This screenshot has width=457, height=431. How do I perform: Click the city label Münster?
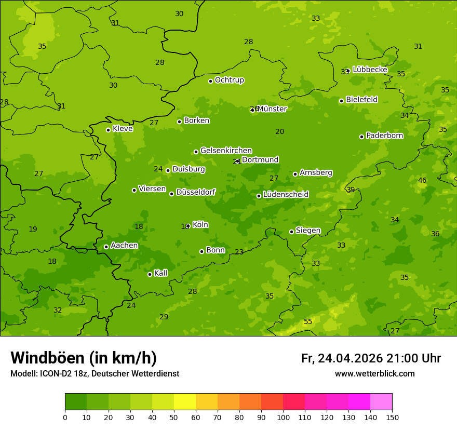(272, 109)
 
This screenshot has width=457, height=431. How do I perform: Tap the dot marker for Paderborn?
(361, 137)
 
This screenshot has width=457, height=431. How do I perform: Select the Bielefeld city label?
(361, 100)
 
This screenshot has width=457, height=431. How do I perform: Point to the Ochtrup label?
(229, 80)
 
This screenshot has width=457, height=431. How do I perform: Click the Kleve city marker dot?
(108, 130)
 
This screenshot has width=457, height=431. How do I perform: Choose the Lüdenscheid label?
(286, 195)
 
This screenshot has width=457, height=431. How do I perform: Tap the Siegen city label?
(308, 231)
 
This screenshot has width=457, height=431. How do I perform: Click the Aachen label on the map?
(124, 246)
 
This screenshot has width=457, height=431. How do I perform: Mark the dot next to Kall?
(150, 274)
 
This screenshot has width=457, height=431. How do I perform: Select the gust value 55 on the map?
(308, 322)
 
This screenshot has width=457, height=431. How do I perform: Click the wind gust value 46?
(422, 181)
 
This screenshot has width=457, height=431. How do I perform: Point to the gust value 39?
(351, 190)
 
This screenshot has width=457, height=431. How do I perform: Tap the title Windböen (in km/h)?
(84, 358)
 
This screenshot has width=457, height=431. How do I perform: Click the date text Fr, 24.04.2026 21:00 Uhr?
(371, 358)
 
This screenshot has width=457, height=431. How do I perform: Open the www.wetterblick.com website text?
(374, 374)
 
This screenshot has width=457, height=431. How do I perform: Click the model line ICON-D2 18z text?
(95, 374)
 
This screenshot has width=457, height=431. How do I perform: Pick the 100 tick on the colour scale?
(283, 417)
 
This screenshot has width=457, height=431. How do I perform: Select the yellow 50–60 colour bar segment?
(185, 402)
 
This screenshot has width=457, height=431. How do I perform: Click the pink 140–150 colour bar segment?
(381, 402)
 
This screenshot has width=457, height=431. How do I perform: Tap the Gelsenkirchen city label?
(226, 151)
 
